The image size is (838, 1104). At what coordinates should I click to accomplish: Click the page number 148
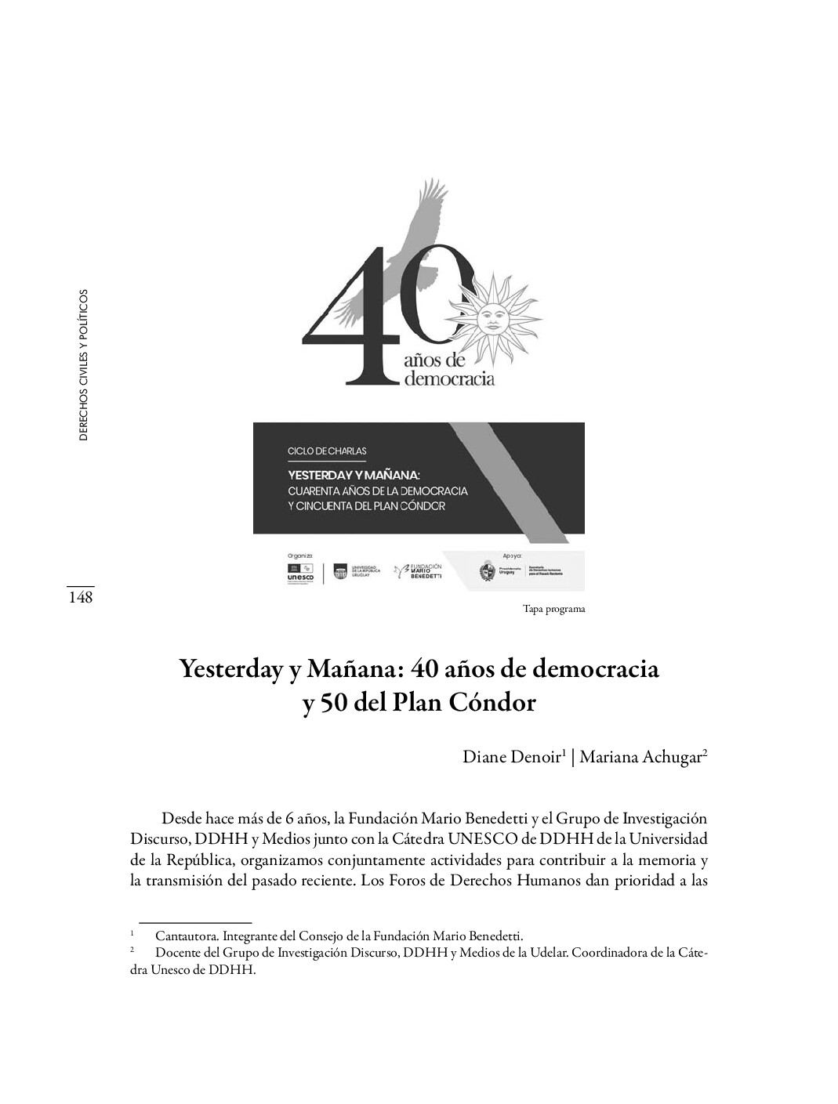pos(80,598)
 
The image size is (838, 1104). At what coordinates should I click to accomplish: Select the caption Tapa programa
pos(553,609)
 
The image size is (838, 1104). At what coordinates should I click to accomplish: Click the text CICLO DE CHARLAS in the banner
pos(328,451)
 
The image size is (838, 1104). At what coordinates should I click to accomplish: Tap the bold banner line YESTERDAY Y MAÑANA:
pos(354,475)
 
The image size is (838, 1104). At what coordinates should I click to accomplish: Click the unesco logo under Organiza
pos(301,573)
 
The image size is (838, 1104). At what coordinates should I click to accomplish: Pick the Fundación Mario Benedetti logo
pos(419,572)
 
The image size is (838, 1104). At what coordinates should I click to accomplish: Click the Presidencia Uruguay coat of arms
pos(486,573)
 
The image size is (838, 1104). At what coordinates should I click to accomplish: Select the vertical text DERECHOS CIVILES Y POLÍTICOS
pos(84,365)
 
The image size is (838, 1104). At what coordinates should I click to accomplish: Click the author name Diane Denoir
pos(513,757)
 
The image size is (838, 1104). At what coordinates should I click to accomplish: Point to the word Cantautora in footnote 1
pos(186,936)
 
